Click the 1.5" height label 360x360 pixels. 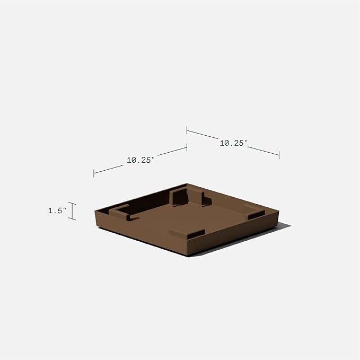(56, 211)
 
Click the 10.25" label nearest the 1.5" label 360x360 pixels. (140, 159)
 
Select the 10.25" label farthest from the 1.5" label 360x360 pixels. (233, 143)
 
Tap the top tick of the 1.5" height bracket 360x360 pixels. (73, 203)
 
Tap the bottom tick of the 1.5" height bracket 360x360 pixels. (73, 219)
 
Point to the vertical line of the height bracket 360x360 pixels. (73, 211)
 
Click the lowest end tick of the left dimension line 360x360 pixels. (94, 173)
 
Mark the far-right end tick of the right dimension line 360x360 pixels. (279, 154)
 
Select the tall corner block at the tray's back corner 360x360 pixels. (188, 195)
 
